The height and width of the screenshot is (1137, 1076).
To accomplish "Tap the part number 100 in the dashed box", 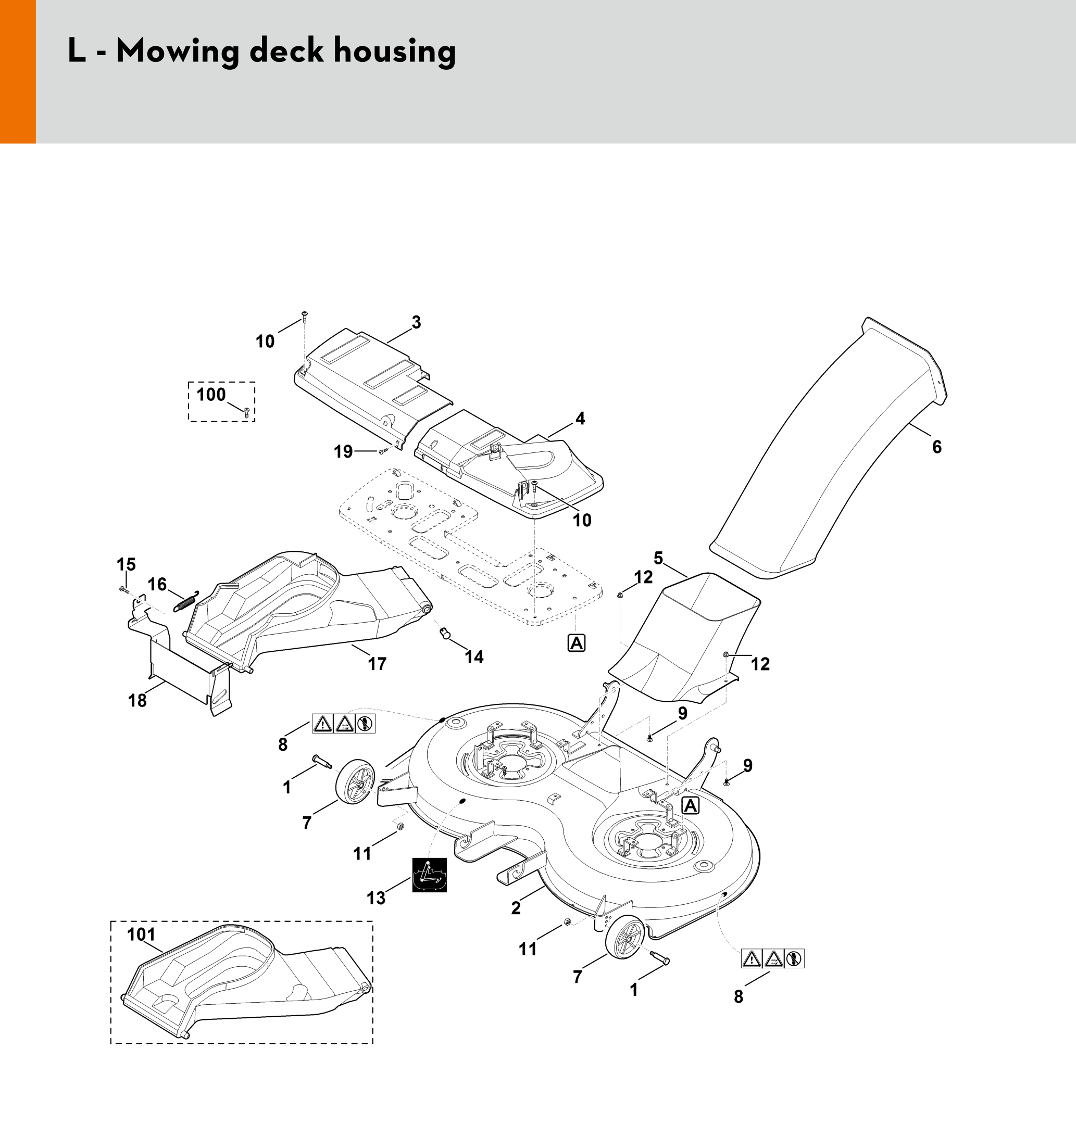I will [211, 395].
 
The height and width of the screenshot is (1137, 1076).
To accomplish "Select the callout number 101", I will [141, 934].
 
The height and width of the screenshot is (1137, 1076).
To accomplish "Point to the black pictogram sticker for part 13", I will [429, 875].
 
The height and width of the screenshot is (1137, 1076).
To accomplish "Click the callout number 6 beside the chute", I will [936, 447].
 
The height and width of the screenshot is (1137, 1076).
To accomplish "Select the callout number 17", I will [377, 663].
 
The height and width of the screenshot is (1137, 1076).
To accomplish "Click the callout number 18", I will [137, 700].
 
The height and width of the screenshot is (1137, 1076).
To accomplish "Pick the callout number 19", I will [343, 452].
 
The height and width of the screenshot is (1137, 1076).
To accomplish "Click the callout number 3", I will [417, 322].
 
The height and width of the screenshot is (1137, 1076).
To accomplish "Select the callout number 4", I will [580, 419].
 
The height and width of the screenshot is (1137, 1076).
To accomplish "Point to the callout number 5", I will [658, 558].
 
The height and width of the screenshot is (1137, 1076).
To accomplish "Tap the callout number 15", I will [126, 564].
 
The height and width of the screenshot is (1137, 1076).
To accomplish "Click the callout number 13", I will [376, 898].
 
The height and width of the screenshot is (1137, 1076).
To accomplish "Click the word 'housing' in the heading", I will [395, 52].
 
